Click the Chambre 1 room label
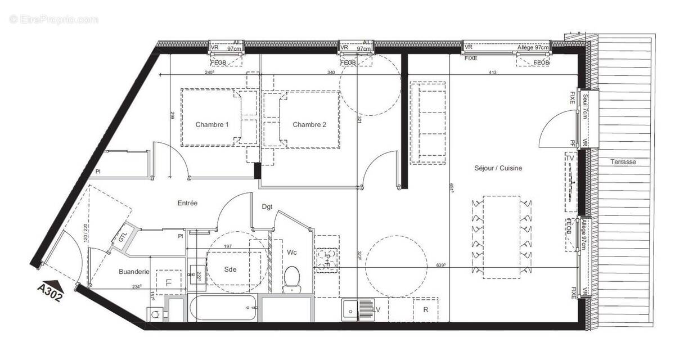click(x=212, y=125)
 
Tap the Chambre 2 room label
click(x=309, y=125)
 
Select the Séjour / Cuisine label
click(x=498, y=168)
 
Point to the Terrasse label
click(x=623, y=162)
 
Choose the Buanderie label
click(x=134, y=272)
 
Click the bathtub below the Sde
click(x=222, y=307)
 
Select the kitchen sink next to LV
click(x=350, y=309)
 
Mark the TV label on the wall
click(x=570, y=159)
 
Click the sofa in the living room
click(x=428, y=123)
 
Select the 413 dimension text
click(x=492, y=72)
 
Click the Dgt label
click(x=267, y=207)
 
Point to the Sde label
click(x=229, y=269)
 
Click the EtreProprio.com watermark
click(x=54, y=20)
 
